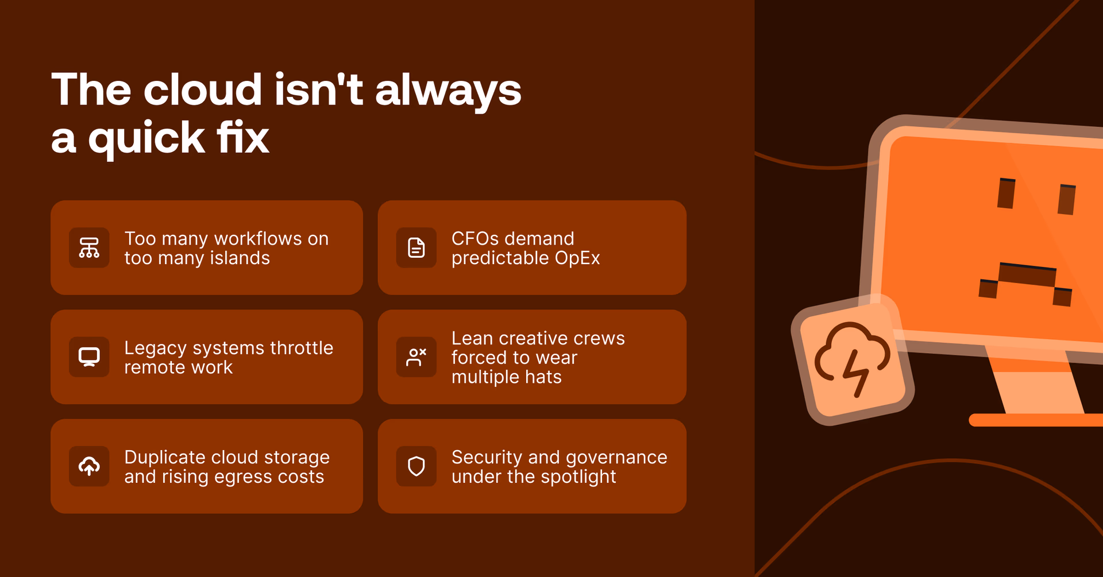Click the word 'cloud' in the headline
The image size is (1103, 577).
tap(202, 90)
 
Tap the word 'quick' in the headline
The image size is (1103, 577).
tap(146, 138)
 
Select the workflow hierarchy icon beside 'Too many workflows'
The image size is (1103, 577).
tap(89, 248)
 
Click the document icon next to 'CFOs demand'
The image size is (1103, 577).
tap(416, 248)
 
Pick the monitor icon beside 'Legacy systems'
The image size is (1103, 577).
tap(89, 357)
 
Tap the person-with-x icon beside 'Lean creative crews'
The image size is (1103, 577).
tap(416, 357)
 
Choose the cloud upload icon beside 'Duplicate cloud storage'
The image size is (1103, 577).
tap(89, 466)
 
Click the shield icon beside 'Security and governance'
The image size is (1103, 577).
tap(416, 466)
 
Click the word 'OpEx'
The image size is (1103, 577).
tap(577, 258)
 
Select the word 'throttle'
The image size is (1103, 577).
tap(301, 348)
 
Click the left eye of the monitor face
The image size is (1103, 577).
tap(1006, 193)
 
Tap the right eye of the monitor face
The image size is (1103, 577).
tap(1067, 199)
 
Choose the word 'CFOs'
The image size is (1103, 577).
tap(476, 239)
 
